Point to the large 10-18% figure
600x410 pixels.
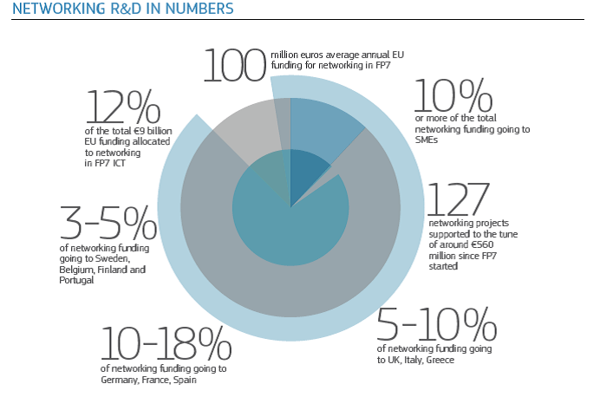(x=166, y=343)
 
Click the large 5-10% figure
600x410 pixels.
(x=438, y=325)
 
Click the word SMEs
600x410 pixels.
(x=427, y=139)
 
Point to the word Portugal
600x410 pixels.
(x=76, y=280)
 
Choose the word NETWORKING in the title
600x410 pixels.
(x=51, y=10)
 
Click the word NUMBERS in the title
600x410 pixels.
(x=199, y=10)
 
